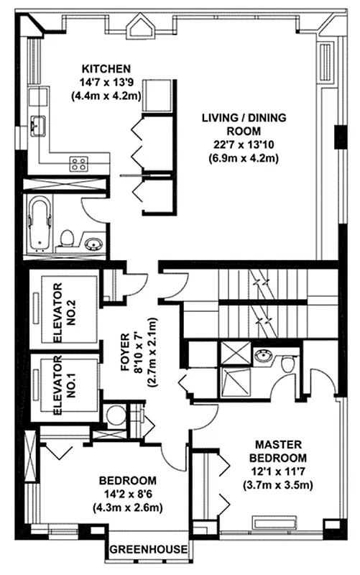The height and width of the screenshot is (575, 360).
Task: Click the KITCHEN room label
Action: coord(106,69)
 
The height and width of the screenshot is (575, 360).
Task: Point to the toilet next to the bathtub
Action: coord(67,237)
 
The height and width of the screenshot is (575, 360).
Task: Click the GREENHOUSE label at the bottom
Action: coord(149,551)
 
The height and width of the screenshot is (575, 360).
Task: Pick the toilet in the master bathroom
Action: coord(289,364)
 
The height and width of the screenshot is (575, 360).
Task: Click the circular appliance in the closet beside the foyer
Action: coord(114,415)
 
